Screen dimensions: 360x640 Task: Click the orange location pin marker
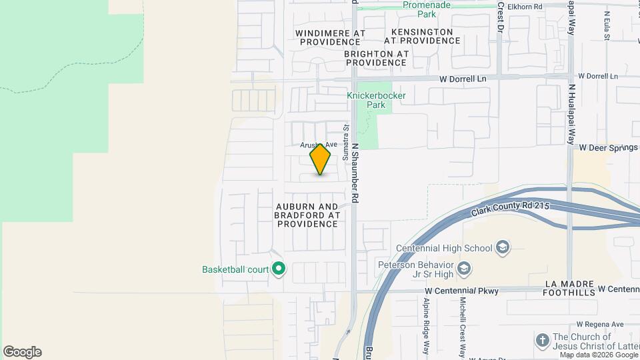[x=320, y=159]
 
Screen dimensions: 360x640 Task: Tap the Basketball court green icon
[x=279, y=270]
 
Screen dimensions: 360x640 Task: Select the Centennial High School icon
[x=503, y=248]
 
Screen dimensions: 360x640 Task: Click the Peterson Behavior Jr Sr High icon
[x=464, y=269]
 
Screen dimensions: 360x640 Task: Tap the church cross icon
[x=542, y=341]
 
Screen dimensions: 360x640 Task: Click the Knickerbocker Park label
[x=376, y=100]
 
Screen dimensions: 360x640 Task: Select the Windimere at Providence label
[x=331, y=37]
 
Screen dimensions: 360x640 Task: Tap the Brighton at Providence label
[x=376, y=58]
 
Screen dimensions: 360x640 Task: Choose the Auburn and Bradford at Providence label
[x=307, y=215]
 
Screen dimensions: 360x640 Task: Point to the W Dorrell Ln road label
[x=463, y=79]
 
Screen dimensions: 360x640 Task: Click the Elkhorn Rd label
[x=525, y=7]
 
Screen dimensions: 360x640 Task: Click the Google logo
[x=22, y=352]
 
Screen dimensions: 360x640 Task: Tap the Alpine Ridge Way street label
[x=425, y=320]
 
